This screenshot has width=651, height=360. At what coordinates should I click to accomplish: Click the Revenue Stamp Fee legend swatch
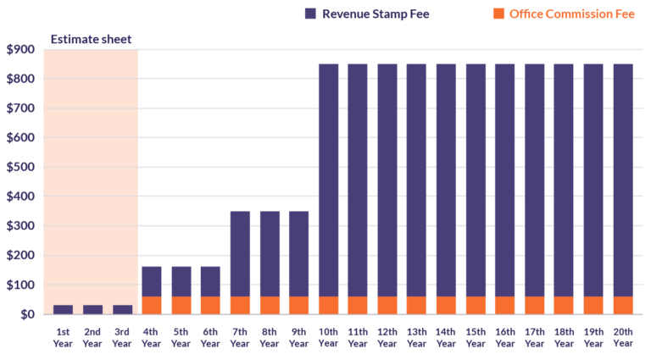(310, 14)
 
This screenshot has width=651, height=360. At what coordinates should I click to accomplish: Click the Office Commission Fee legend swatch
(498, 14)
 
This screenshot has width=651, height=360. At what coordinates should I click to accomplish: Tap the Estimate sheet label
(91, 39)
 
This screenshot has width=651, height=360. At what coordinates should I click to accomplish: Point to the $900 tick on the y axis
(19, 50)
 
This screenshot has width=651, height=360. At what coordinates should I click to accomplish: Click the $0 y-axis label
(25, 314)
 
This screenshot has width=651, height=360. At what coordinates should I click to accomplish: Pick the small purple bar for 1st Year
(63, 309)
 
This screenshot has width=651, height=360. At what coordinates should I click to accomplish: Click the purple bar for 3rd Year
(123, 309)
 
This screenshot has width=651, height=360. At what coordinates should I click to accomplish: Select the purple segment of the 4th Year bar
(152, 281)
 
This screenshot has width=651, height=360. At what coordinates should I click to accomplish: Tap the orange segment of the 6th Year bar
(210, 305)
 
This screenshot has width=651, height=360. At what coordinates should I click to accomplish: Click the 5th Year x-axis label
(181, 338)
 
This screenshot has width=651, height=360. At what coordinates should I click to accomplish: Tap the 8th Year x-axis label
(270, 338)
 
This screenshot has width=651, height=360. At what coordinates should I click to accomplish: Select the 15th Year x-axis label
(476, 338)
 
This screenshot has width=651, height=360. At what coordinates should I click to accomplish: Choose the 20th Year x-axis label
(622, 338)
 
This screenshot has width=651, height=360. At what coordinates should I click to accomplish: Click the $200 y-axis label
(19, 256)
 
